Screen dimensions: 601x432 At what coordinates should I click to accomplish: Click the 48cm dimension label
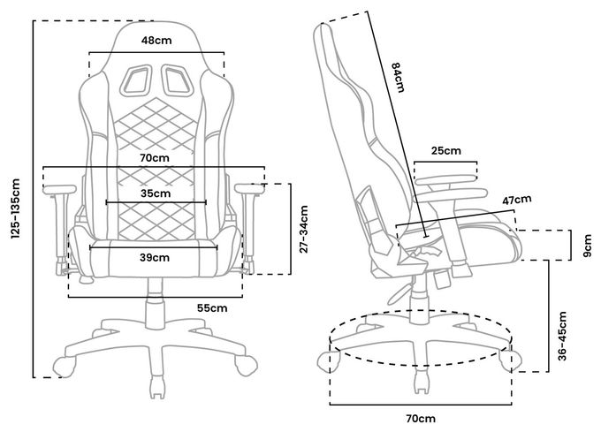156,41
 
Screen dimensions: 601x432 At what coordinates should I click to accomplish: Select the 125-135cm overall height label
15,208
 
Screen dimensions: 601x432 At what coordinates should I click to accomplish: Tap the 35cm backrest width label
156,193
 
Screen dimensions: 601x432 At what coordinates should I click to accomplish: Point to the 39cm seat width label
155,258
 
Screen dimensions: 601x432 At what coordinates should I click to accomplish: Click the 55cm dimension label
212,308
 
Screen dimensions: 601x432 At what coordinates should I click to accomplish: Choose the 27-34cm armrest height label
303,230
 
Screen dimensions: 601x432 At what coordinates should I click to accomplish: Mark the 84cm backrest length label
398,78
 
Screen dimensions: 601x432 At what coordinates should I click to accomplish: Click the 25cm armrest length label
446,150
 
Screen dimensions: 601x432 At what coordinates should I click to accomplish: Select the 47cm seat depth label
517,200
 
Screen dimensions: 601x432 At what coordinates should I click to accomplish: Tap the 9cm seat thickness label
588,246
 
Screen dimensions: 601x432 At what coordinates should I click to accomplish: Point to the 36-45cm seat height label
562,336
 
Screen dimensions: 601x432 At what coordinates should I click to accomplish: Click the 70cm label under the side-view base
421,419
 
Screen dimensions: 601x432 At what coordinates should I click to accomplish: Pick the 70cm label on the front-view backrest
155,157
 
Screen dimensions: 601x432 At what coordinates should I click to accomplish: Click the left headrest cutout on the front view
135,80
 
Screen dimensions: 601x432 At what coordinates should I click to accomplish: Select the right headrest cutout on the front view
178,80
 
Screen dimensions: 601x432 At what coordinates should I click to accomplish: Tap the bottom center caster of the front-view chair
156,387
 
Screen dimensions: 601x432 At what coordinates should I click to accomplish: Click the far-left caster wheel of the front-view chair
64,366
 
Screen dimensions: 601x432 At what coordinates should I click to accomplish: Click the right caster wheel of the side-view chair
511,360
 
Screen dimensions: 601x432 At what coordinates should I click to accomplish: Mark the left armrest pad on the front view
60,189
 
